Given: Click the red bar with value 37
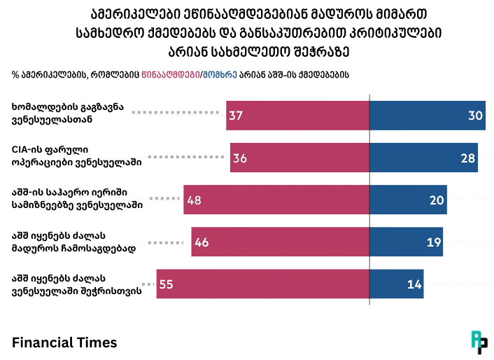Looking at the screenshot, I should point(297,116).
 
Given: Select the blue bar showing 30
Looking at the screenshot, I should point(428,116).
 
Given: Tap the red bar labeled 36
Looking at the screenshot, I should point(299,158).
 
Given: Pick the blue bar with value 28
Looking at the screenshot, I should point(423,158).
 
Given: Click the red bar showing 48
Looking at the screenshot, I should point(276,200).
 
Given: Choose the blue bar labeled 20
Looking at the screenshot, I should point(408,200).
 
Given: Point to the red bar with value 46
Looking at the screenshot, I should point(281,242).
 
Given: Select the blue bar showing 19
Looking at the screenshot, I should point(406,242).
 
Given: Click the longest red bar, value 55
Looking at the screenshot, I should point(263,284).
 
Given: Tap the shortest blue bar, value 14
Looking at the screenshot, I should point(396,284).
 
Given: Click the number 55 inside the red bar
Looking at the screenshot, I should point(167,284).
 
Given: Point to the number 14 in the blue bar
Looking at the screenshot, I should point(414,284).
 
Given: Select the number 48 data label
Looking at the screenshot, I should point(195,200).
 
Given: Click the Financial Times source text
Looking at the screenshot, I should point(64,342).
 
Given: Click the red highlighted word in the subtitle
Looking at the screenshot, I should point(170,74).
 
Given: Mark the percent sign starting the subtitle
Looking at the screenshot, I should point(15,74).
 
